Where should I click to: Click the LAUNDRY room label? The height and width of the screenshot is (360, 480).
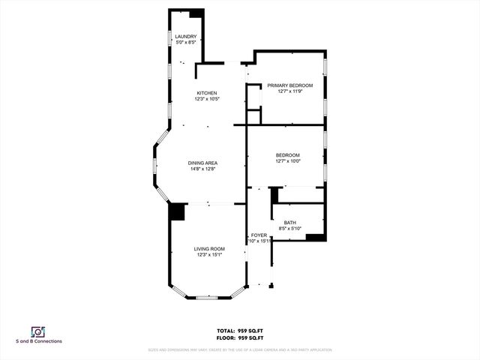pos(186,37)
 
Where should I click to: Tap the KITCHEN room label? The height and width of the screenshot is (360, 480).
pos(207,93)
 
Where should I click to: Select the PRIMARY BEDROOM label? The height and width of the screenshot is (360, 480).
pos(289,85)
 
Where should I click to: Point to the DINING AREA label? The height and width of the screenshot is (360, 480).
pos(202,163)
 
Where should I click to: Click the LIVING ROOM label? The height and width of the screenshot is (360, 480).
pos(209,249)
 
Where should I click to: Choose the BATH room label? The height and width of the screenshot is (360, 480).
pos(290,223)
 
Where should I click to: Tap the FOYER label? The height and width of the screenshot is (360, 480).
pos(259,235)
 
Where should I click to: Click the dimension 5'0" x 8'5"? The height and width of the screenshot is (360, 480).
pos(186,43)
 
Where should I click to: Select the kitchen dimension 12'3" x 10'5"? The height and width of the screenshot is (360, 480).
pos(207,99)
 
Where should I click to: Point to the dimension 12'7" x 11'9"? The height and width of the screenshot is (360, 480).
pos(289,91)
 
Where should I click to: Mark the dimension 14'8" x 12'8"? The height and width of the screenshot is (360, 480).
pos(202,169)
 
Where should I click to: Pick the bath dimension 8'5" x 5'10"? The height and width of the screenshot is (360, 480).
pos(290,228)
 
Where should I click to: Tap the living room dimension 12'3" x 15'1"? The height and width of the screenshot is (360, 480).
pos(209,255)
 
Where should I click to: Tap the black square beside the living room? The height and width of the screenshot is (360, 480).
pos(177,212)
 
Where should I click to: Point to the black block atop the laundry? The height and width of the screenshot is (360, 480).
pos(196,13)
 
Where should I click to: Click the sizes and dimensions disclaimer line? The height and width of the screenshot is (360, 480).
pos(239,349)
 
